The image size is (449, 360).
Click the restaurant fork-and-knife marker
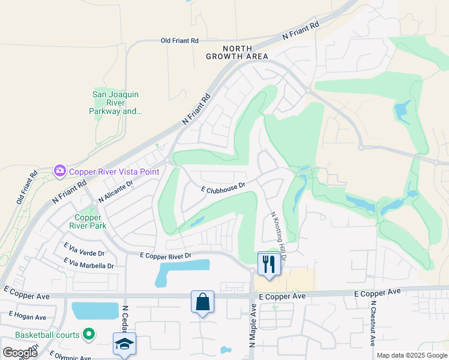point(268,263)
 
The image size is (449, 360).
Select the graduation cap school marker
point(124,344)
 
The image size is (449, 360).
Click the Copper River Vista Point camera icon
point(59,171)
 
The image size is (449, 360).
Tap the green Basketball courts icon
point(89,334)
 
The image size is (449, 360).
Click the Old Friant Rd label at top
point(179,41)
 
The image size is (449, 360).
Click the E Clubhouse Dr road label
point(223,188)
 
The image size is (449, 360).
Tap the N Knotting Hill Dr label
point(279,236)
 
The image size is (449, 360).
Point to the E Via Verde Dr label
point(84,253)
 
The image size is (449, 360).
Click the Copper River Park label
point(91,221)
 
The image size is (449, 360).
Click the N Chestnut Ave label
point(373,328)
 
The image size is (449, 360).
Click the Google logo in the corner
point(20,353)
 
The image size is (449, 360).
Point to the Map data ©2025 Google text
point(412,355)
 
